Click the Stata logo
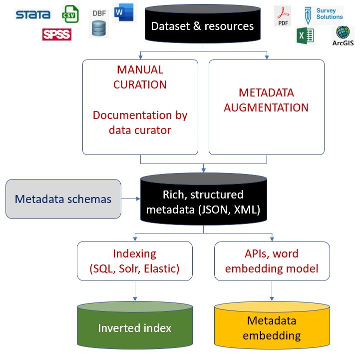[x=33, y=14]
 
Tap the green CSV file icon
[x=70, y=14]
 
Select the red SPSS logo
[x=57, y=34]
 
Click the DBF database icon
[x=99, y=24]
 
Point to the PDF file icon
[x=283, y=16]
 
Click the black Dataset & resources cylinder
[x=202, y=26]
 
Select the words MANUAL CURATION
[x=140, y=77]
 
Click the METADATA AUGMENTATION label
[x=266, y=100]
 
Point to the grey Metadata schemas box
[x=63, y=199]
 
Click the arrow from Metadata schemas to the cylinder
[x=131, y=199]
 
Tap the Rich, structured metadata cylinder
[x=203, y=201]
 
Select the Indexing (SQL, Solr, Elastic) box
[x=135, y=261]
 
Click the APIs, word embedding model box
[x=272, y=261]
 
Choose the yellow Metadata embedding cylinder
[x=272, y=327]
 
